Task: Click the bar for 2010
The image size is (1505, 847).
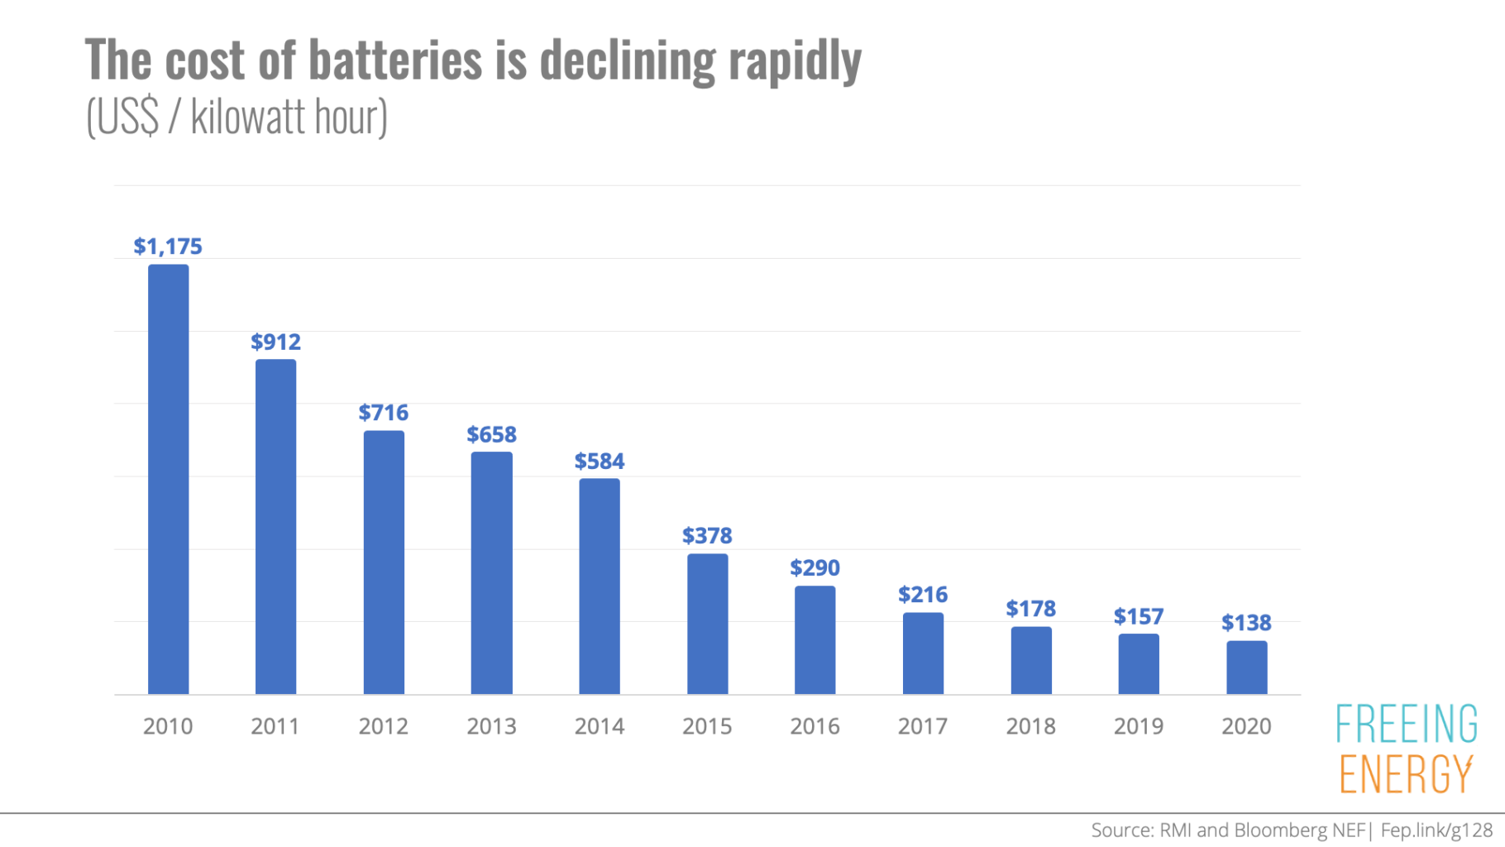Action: coord(168,480)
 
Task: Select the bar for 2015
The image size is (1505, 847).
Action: coord(707,624)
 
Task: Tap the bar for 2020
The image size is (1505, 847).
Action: coord(1246,668)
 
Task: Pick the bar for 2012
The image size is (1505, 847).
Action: coord(384,562)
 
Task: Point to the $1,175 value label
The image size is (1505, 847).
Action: coord(168,246)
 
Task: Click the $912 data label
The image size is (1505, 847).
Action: coord(275,342)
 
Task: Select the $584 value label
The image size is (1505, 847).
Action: coord(599,461)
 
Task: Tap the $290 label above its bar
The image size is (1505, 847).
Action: coord(815,567)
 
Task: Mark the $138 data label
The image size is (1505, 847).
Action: coord(1246,622)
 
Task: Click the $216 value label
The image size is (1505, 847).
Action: coord(923,594)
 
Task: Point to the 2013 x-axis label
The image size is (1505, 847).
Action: coord(491,726)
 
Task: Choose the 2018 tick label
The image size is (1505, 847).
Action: coord(1030,726)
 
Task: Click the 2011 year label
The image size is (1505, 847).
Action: coord(275,726)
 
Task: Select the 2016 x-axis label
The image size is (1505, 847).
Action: coord(815,726)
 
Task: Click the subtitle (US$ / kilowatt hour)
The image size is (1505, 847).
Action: coord(236,117)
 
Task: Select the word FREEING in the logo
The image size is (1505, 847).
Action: coord(1407,724)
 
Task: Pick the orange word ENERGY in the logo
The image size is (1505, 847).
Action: coord(1406,774)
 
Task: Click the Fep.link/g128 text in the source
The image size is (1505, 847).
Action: coord(1436,830)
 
